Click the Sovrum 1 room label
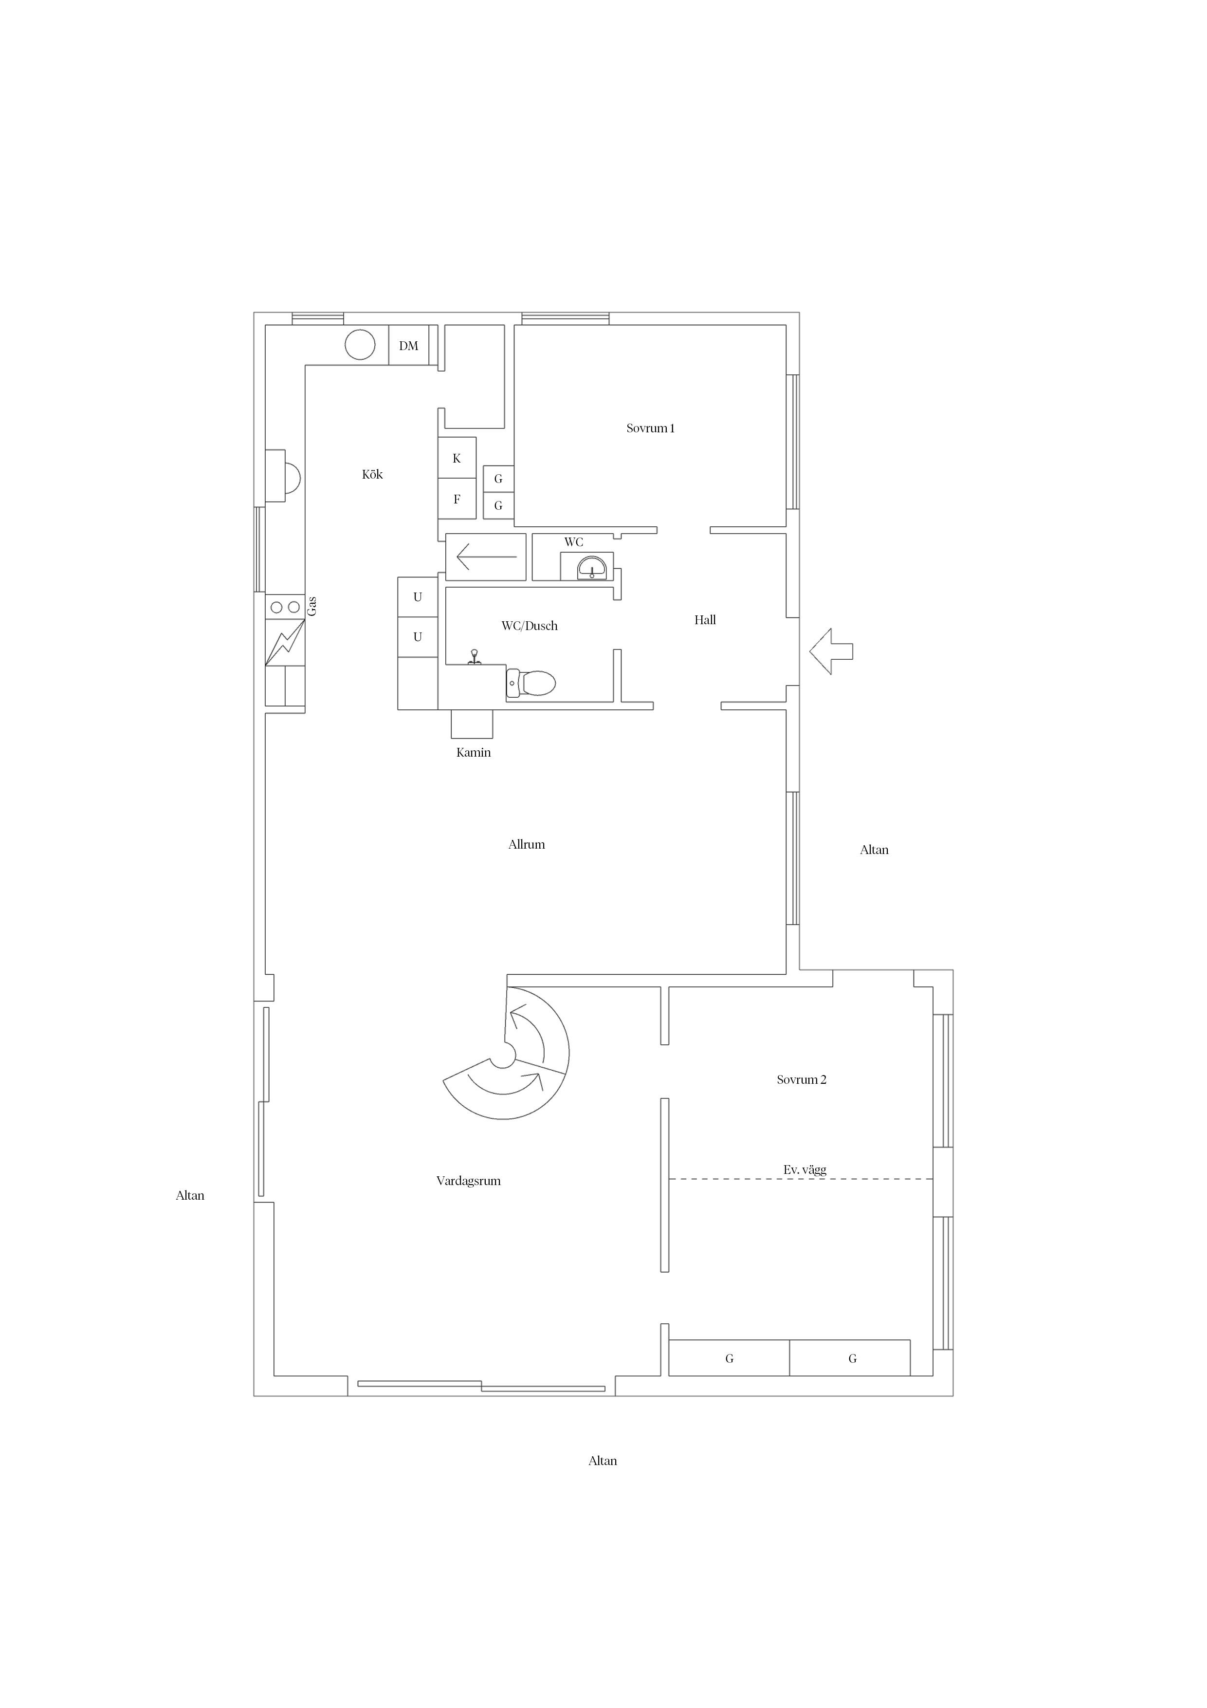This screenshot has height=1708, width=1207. [650, 428]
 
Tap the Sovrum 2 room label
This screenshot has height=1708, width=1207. [802, 1080]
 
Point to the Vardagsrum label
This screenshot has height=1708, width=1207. [469, 1181]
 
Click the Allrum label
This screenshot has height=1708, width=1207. [527, 844]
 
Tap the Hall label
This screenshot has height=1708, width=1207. [705, 620]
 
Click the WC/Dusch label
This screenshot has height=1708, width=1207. [530, 626]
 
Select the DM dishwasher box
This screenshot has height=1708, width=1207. [409, 345]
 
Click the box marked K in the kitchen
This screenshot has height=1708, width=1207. [457, 458]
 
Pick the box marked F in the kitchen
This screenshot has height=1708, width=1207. [457, 499]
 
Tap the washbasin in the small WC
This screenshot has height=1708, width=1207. [592, 568]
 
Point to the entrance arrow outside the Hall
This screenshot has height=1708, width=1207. [831, 651]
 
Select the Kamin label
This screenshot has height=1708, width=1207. [474, 753]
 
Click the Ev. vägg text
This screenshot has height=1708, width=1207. [805, 1170]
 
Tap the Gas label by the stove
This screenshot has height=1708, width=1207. [312, 606]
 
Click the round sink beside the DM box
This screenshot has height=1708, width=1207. [360, 344]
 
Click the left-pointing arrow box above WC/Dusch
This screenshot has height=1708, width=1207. [486, 557]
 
